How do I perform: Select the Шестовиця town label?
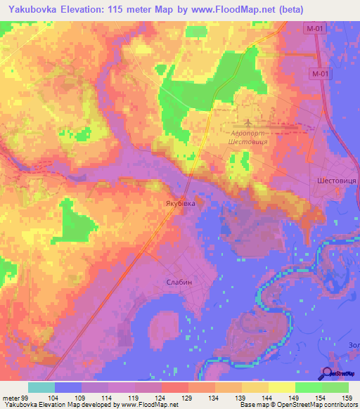pyautogui.click(x=335, y=180)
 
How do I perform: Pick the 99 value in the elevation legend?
pyautogui.click(x=29, y=397)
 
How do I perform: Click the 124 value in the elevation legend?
pyautogui.click(x=161, y=397)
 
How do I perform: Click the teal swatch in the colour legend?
pyautogui.click(x=41, y=387)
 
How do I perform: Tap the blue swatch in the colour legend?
pyautogui.click(x=68, y=387)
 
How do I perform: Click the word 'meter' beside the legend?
pyautogui.click(x=11, y=397)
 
